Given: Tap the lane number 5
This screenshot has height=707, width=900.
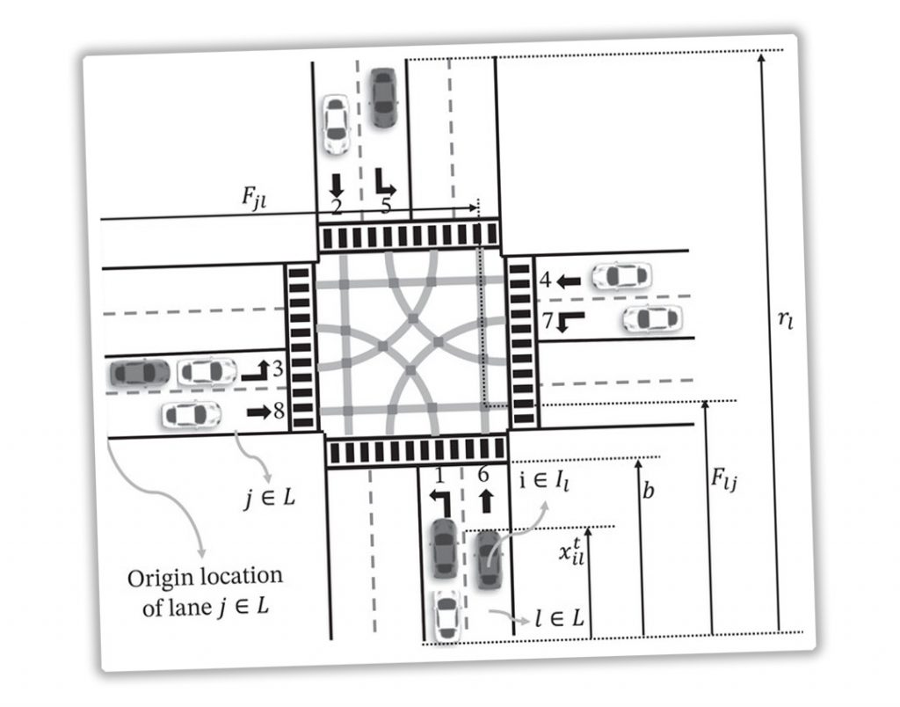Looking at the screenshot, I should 385,207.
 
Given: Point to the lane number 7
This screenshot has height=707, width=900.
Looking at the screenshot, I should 547,321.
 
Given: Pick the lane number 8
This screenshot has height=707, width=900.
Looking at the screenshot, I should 277,410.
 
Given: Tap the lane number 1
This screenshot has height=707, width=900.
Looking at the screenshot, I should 440,476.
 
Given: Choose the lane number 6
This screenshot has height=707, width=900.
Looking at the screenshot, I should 483,474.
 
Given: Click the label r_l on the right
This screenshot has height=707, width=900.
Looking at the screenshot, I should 786,319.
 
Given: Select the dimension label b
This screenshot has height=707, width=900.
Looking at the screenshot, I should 648,492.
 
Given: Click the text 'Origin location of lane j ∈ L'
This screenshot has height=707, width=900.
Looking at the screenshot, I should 206,590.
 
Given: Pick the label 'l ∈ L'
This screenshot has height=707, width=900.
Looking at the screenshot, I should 559,619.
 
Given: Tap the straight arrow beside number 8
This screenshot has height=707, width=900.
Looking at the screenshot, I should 258,411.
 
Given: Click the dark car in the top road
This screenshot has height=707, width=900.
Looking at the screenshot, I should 382,97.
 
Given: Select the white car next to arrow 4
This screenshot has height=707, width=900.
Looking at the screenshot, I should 621,277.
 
